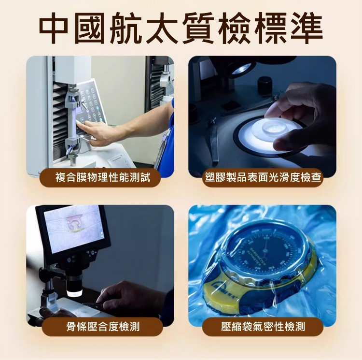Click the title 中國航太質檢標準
[x=181, y=28]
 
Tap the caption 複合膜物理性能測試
[x=103, y=178]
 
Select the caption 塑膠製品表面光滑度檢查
[x=263, y=178]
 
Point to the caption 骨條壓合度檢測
[x=103, y=327]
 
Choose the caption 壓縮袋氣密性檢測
[x=263, y=327]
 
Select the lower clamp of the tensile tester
[x=73, y=145]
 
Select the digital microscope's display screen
[x=73, y=228]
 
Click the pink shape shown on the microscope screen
[x=74, y=223]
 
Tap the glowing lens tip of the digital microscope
[x=74, y=293]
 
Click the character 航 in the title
[x=126, y=28]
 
